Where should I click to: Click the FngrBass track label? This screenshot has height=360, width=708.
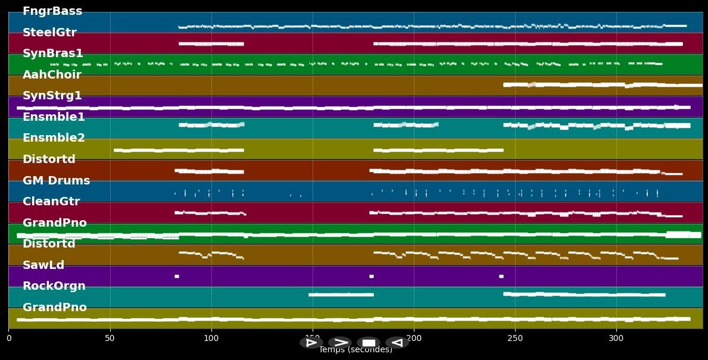[x=52, y=11]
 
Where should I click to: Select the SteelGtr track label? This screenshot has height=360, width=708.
[x=49, y=33]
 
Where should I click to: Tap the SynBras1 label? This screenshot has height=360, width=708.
[x=52, y=54]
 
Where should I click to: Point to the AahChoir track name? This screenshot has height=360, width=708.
[x=52, y=75]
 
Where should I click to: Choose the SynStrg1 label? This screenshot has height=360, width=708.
[x=52, y=96]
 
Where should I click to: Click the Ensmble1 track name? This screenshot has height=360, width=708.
[x=54, y=117]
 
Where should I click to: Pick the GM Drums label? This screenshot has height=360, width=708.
[x=56, y=181]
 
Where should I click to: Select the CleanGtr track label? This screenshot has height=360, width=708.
[x=51, y=202]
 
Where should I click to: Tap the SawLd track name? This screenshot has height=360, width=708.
[x=43, y=265]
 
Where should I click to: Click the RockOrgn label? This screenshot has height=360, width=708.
[x=54, y=286]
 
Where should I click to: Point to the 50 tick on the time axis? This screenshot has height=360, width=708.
[x=110, y=339]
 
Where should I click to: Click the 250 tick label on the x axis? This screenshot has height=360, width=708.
[x=515, y=339]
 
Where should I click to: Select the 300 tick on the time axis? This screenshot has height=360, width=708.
[x=616, y=339]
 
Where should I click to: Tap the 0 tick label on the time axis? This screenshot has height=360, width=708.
[x=8, y=339]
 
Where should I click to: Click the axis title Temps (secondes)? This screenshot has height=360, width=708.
[x=355, y=350]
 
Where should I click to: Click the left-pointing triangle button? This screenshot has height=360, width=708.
[x=397, y=343]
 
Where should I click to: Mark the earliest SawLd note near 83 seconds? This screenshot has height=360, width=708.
[x=177, y=276]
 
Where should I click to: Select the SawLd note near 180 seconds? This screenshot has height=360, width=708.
[x=372, y=276]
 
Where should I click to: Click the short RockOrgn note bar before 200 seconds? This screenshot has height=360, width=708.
[x=341, y=295]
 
